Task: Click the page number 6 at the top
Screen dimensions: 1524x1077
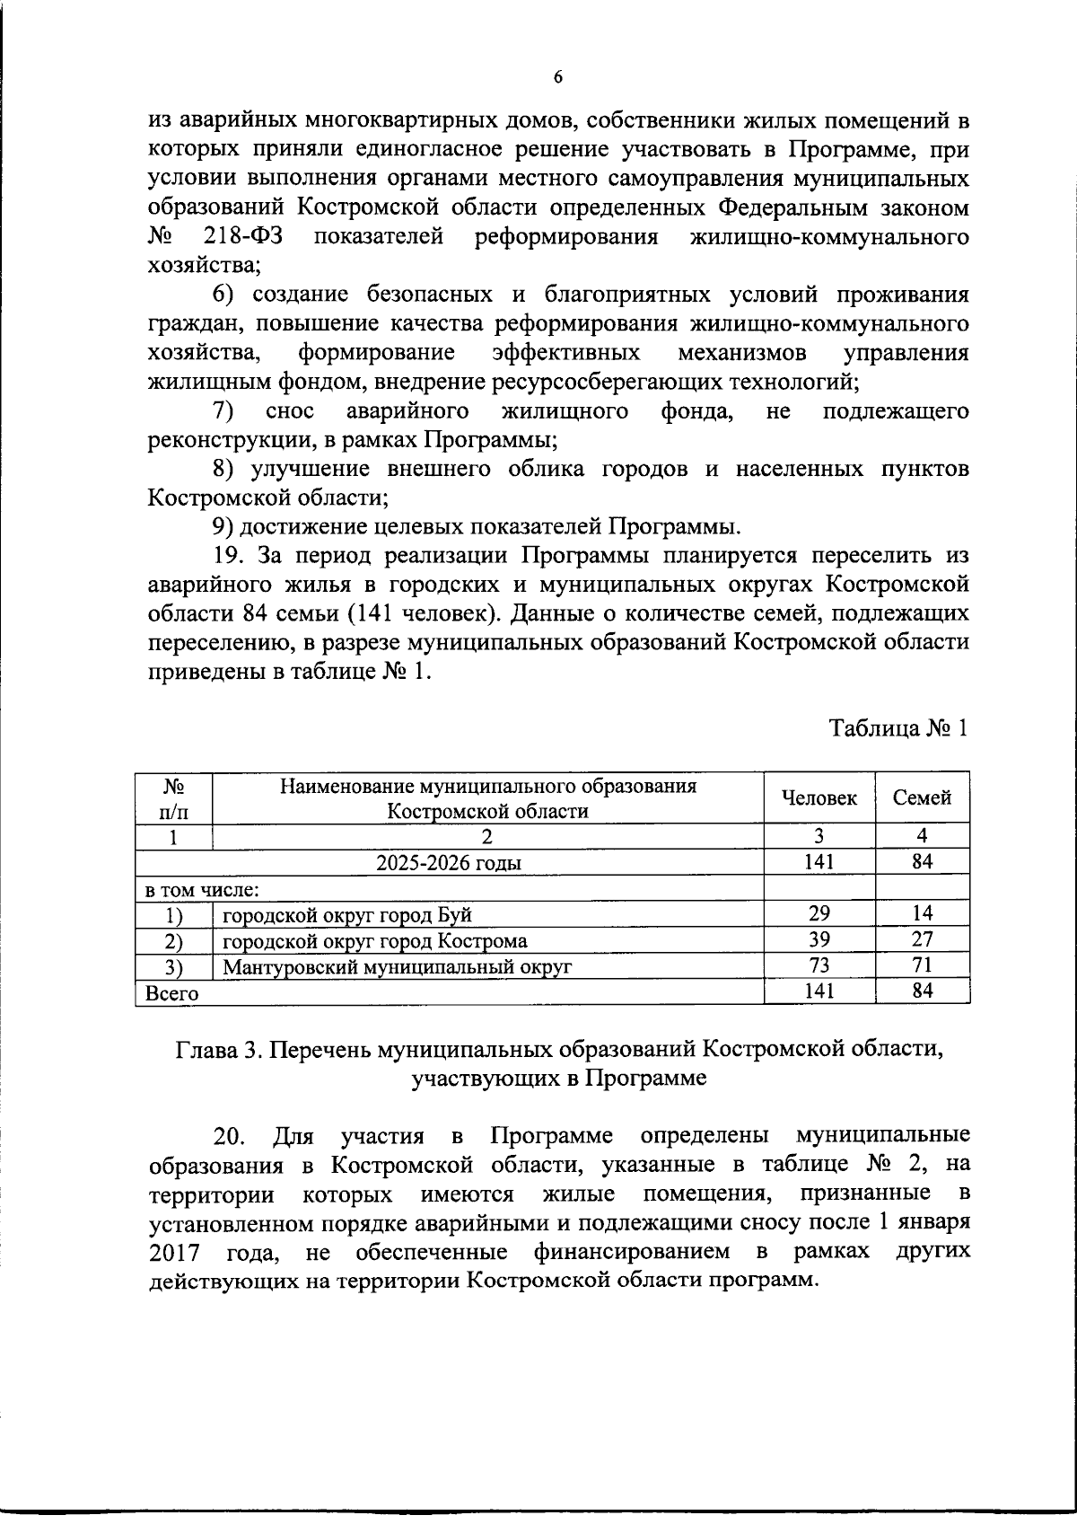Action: pyautogui.click(x=557, y=78)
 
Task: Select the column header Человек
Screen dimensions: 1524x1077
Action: pyautogui.click(x=819, y=797)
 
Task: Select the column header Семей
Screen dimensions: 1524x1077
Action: pyautogui.click(x=922, y=797)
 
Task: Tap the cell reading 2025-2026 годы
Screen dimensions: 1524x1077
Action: pyautogui.click(x=449, y=863)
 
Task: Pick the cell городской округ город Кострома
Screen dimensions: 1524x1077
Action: pyautogui.click(x=374, y=940)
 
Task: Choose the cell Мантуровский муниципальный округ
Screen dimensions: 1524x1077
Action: pyautogui.click(x=397, y=966)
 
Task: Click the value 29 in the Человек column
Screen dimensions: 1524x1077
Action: pyautogui.click(x=819, y=914)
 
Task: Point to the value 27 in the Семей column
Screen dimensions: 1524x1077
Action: pyautogui.click(x=922, y=939)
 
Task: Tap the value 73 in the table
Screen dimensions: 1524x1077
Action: pyautogui.click(x=819, y=965)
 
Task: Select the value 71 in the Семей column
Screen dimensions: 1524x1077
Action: pyautogui.click(x=922, y=965)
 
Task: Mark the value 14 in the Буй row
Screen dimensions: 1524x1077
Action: pyautogui.click(x=922, y=914)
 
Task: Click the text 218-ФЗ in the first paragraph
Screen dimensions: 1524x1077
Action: pyautogui.click(x=238, y=238)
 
